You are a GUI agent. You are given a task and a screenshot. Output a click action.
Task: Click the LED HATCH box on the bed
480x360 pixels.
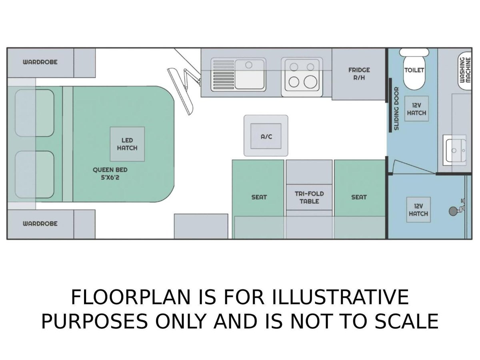click(x=127, y=144)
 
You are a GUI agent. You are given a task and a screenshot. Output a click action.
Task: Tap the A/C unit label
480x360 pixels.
click(x=266, y=137)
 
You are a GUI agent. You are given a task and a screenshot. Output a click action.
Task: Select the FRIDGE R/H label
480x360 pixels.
click(x=359, y=74)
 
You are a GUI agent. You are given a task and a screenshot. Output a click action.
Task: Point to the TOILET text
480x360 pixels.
click(x=414, y=70)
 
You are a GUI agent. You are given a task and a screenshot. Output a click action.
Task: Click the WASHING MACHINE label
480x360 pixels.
click(x=465, y=70)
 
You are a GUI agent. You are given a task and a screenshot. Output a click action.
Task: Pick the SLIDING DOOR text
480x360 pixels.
click(x=396, y=109)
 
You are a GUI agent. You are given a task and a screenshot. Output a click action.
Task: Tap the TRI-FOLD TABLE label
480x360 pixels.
click(x=309, y=197)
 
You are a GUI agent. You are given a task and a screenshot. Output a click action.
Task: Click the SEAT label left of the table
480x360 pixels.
click(x=259, y=197)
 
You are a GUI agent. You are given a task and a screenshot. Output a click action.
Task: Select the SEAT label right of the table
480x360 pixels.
click(x=359, y=197)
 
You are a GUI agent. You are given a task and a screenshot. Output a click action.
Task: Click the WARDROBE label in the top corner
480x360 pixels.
click(x=40, y=62)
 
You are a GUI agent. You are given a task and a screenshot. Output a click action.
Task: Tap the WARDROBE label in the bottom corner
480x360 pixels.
click(x=40, y=224)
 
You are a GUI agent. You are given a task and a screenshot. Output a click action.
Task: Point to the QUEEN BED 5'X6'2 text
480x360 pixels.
click(x=110, y=174)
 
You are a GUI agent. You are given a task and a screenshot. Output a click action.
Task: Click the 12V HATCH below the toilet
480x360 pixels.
click(x=416, y=109)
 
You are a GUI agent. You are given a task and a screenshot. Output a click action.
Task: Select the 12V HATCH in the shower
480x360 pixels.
click(x=418, y=210)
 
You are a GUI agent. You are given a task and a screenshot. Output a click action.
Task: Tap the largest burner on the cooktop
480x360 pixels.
click(x=310, y=82)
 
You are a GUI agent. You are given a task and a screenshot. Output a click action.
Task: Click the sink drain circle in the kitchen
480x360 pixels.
click(x=249, y=65)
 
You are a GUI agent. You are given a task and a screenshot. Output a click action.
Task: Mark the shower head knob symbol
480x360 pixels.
click(x=453, y=211)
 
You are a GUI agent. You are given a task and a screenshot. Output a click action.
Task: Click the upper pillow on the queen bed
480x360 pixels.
click(x=34, y=113)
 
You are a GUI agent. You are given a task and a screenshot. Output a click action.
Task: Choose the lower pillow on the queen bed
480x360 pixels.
click(x=34, y=174)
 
